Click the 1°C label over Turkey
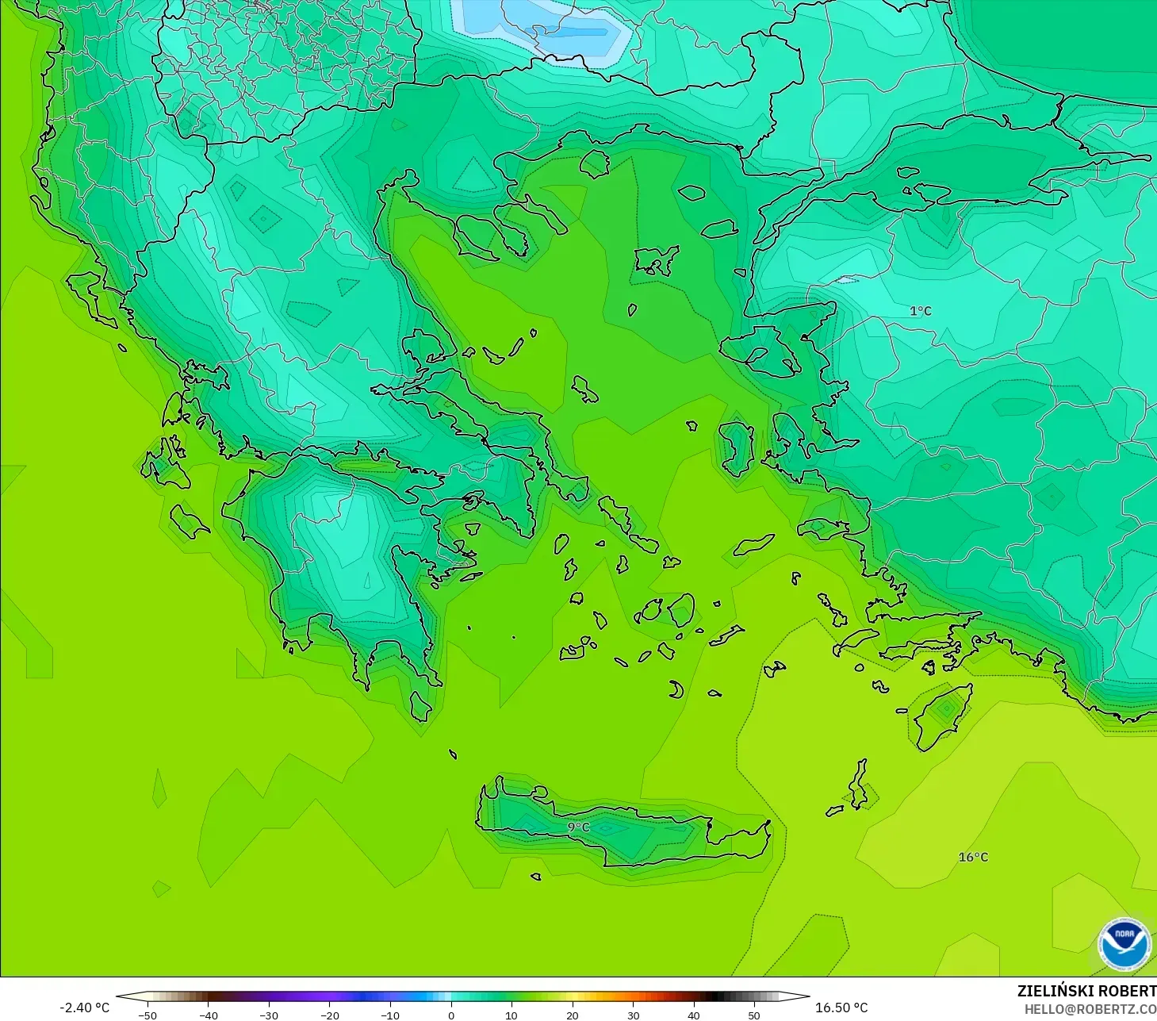920,311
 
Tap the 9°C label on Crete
578,827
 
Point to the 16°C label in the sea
973,857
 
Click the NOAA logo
1124,944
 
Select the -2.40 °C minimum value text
84,1008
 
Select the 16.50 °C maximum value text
841,1008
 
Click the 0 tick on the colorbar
450,1015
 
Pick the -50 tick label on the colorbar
147,1015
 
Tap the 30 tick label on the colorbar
633,1015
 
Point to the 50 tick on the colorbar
754,1015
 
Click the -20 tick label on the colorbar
329,1015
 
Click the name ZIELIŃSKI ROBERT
1086,991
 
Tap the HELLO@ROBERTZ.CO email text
1090,1009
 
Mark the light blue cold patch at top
547,28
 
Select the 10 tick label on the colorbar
511,1015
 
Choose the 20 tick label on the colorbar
572,1015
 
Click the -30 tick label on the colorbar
268,1015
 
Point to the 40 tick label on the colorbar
694,1015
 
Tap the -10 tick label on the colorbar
389,1015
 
